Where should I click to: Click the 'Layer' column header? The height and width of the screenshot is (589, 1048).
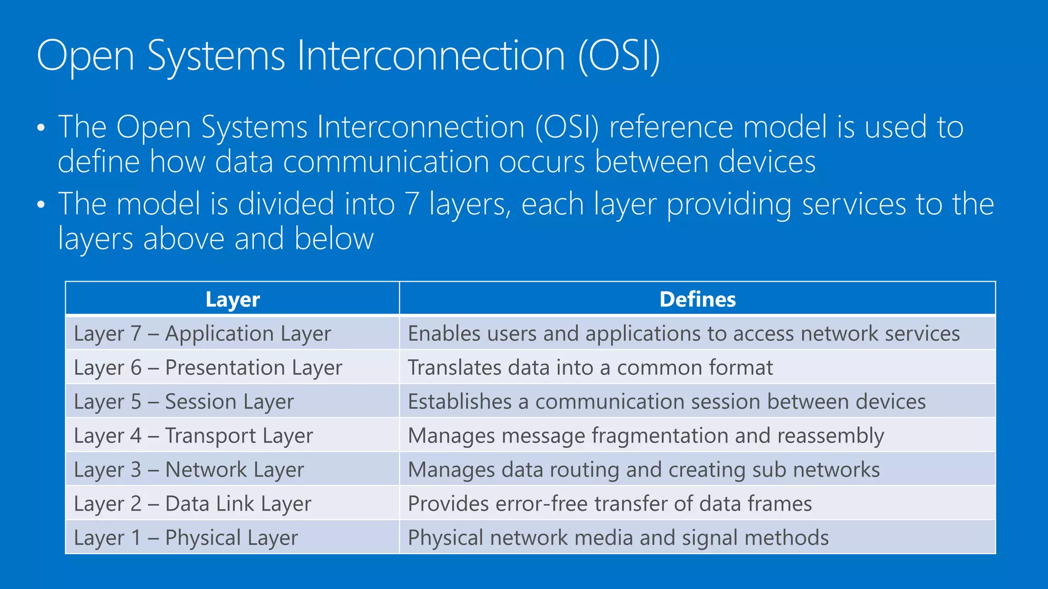232,300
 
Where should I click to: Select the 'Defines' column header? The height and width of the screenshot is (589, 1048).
697,300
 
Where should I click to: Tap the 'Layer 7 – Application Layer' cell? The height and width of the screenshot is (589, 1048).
202,334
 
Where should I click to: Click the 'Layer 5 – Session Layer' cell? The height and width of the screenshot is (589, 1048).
184,402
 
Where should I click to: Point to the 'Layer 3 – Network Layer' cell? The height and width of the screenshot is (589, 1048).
189,470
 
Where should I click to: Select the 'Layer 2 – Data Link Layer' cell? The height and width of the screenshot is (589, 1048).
192,504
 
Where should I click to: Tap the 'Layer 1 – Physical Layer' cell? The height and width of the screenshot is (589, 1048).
186,538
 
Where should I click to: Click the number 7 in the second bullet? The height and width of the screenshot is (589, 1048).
412,204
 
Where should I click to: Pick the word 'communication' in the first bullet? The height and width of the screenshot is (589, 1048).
386,162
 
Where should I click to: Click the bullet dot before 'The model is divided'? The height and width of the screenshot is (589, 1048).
41,205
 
